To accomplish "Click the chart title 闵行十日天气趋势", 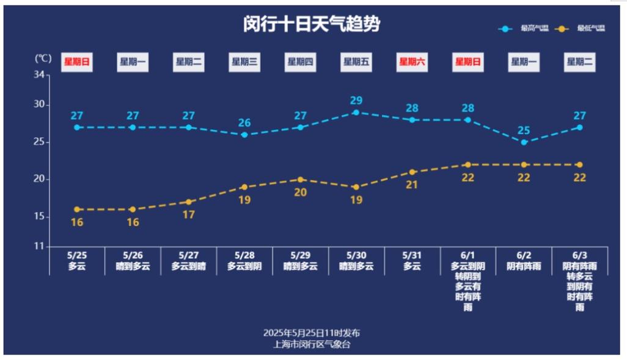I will [312, 24].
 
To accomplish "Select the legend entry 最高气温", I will [523, 29].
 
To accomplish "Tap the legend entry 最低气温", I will [580, 29].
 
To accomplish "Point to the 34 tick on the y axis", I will [40, 75].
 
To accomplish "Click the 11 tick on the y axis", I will [40, 247].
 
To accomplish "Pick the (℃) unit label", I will [43, 59].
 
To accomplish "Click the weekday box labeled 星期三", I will [244, 62].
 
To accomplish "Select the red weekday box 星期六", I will [412, 62].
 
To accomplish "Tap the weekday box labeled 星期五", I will [356, 62].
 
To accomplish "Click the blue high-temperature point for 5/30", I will [356, 112].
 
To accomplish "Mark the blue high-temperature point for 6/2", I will [524, 142].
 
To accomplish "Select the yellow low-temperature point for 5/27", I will [188, 202].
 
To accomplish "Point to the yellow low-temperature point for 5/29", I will [300, 180].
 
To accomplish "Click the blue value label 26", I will [244, 123].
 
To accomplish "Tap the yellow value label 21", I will [412, 185].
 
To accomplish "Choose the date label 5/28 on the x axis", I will [244, 255].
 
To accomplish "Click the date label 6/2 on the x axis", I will [524, 255].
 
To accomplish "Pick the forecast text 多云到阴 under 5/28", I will [244, 266].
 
